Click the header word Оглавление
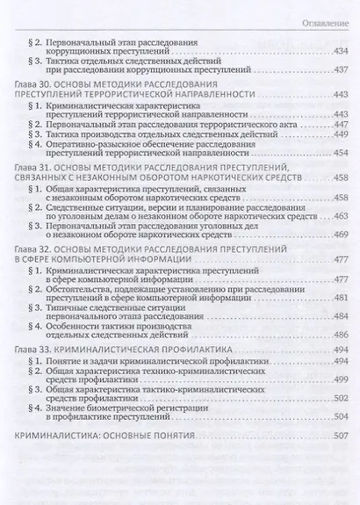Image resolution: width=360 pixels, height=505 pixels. (x=325, y=18)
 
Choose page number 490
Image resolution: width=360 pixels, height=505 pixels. (x=338, y=341)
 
